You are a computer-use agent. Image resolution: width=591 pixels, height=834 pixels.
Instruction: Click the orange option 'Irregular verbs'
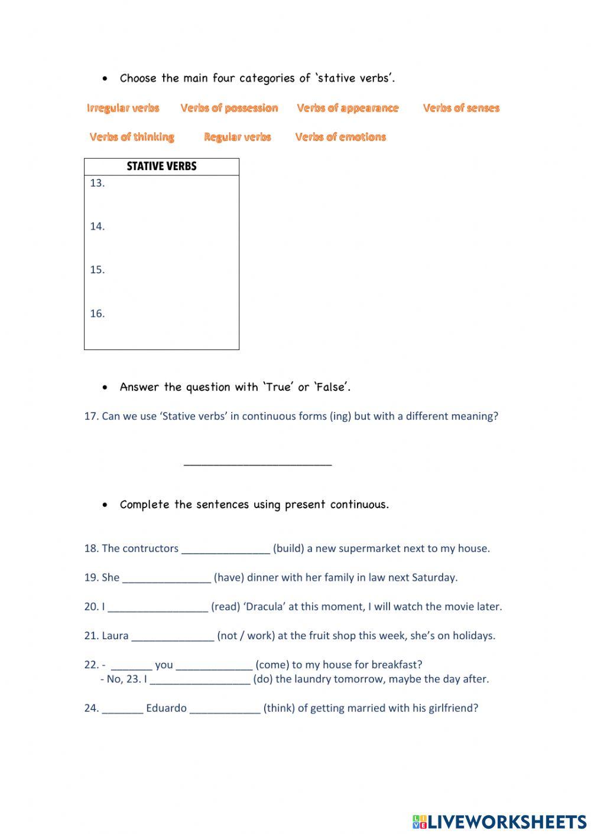123,108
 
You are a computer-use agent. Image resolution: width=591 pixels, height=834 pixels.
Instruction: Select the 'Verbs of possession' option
229,108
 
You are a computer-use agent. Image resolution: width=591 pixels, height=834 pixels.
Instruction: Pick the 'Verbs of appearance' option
348,108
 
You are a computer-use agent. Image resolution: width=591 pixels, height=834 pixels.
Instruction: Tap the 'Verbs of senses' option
461,108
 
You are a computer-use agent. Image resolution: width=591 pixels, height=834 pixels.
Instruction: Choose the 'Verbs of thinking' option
132,137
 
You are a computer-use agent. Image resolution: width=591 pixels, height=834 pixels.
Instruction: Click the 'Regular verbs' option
237,137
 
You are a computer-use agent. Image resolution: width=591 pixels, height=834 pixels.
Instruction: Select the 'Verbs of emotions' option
340,137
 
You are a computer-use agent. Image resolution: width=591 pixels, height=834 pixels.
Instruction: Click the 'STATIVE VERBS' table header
161,166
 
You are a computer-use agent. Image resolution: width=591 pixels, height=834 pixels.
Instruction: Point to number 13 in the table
98,183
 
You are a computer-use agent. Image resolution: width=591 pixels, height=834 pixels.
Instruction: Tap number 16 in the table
98,313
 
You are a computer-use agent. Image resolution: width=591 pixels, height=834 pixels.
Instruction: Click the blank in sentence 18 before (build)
226,549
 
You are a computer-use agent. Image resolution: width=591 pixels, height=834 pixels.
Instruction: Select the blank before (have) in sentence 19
167,578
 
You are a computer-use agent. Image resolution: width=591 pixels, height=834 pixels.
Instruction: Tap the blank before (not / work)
173,636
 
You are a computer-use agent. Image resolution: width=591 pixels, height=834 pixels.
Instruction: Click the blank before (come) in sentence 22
214,665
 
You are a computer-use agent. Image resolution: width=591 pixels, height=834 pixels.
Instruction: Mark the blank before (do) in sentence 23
200,679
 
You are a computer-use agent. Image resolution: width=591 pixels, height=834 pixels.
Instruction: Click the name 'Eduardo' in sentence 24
166,708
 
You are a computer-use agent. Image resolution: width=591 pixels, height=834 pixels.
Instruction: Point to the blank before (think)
225,709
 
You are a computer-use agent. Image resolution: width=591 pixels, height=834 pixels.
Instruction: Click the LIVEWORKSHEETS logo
499,821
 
